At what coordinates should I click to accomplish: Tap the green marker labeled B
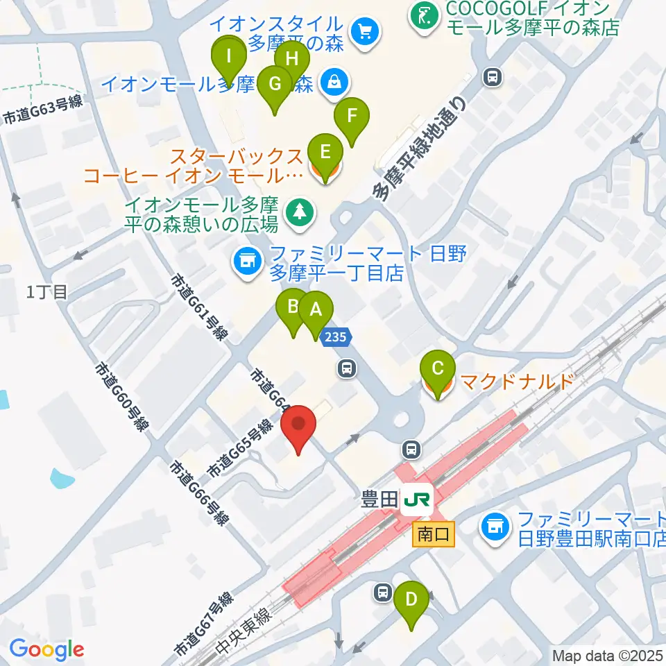tap(293, 307)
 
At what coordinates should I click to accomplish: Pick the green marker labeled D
tap(411, 599)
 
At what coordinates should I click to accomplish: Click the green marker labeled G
tap(275, 85)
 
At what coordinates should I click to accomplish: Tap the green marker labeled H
tap(292, 58)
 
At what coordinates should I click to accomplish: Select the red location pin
tap(299, 424)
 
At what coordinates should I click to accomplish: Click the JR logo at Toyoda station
tap(418, 498)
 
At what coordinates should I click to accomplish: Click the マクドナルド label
tap(517, 382)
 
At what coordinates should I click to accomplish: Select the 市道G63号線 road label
tap(43, 110)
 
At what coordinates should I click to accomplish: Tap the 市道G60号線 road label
tap(123, 397)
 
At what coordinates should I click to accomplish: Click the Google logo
tap(46, 650)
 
